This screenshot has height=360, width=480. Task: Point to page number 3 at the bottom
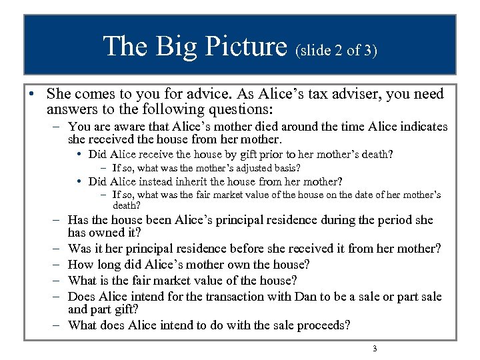click(375, 349)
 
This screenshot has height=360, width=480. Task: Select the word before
click(248, 249)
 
